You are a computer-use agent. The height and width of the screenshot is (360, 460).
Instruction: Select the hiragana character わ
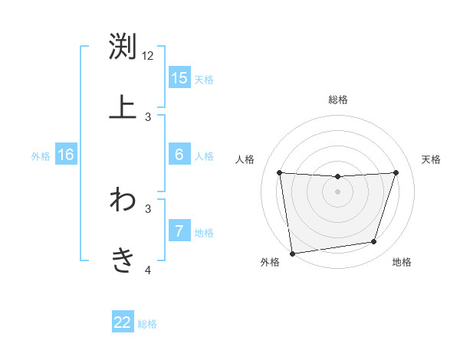(123, 200)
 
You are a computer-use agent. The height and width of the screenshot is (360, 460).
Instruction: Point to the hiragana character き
(123, 260)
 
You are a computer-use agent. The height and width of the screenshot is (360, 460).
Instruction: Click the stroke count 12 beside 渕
(148, 56)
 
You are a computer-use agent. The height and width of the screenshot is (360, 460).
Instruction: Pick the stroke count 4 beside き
(148, 270)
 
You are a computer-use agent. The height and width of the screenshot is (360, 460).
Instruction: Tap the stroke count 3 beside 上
(148, 117)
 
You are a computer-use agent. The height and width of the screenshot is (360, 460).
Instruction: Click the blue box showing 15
(179, 78)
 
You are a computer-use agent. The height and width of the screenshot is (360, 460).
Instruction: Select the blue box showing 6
(179, 155)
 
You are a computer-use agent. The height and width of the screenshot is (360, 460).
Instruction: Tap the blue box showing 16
(66, 155)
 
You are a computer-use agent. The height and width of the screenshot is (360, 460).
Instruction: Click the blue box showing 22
(123, 322)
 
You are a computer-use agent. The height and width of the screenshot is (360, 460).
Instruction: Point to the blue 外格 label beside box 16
(41, 156)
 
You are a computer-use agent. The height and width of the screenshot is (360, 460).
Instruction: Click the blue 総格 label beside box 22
(147, 324)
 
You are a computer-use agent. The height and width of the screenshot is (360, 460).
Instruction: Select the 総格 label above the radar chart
(338, 100)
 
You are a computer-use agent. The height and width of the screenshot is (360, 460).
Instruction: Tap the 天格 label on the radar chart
(431, 159)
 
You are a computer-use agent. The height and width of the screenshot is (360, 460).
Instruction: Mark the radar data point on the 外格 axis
(292, 253)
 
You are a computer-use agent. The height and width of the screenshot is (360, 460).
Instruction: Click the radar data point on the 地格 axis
(374, 242)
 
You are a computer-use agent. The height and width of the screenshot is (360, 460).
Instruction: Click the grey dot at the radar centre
(337, 191)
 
